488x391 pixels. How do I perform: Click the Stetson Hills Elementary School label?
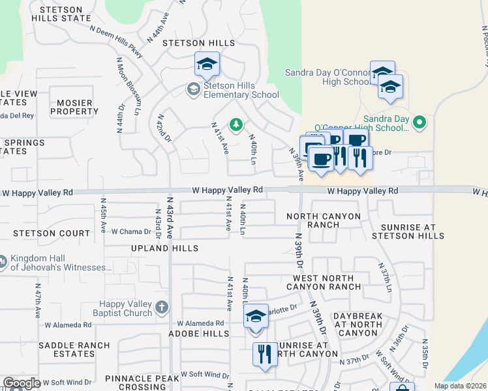(241, 89)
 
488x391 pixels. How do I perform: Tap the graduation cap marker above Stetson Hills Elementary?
(207, 65)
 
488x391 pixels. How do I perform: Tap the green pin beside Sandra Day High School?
(420, 122)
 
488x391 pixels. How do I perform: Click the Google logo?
(22, 383)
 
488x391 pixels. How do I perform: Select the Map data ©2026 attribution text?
(459, 386)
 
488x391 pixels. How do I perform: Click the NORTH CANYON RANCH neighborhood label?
(324, 220)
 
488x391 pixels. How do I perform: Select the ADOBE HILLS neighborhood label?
(206, 333)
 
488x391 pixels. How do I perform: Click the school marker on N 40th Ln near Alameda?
(256, 317)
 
